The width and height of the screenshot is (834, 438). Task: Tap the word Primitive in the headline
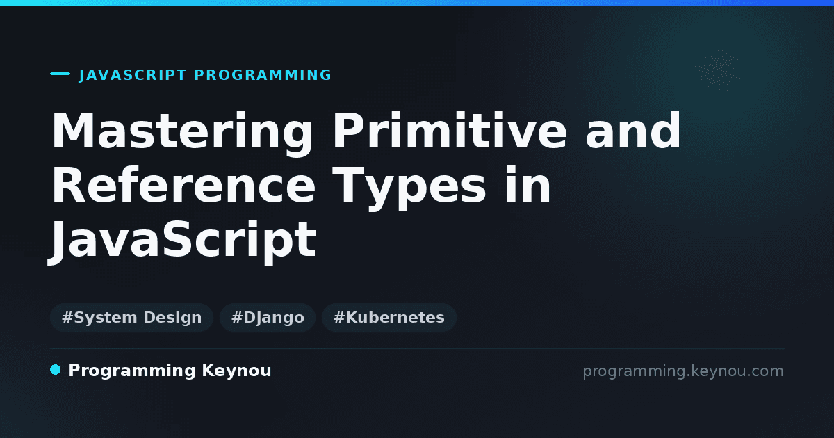point(450,131)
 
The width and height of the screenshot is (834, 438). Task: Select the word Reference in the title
point(183,185)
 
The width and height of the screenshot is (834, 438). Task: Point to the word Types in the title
point(409,189)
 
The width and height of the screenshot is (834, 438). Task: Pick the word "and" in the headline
point(633,131)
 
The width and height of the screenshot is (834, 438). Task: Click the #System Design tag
point(131,317)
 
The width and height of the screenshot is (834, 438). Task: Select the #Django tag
point(268,317)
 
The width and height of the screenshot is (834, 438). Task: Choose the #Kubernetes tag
point(389,317)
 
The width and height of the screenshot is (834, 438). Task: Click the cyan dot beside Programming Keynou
point(55,370)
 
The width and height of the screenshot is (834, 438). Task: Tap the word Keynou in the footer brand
point(236,371)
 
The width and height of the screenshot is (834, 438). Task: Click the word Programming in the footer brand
point(132,371)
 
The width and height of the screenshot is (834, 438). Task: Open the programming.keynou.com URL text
point(683,372)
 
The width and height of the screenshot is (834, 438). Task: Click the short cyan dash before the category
point(60,74)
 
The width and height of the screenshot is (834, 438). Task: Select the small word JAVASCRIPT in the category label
point(133,75)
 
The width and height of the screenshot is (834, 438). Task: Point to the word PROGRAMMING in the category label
point(263,75)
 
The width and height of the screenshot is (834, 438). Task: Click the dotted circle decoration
point(718,69)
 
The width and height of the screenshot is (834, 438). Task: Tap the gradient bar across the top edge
point(417,3)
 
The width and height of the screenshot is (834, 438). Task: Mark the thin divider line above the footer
point(417,348)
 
